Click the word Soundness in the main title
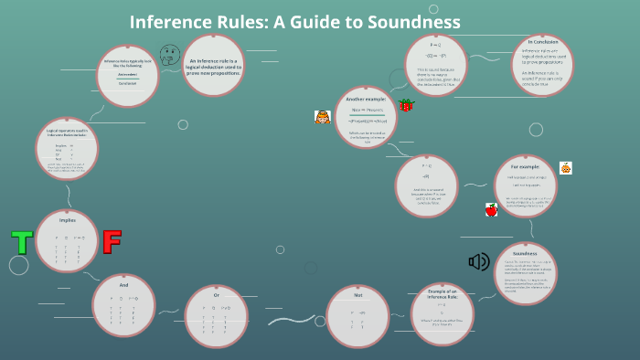412,21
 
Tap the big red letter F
112,242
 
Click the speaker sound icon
479,262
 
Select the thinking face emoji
168,54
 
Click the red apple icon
491,210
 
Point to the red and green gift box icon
406,106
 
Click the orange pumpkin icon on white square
566,168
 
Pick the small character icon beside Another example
322,117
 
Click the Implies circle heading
66,219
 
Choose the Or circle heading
217,295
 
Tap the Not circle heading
358,295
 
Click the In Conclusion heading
543,41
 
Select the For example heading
524,167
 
